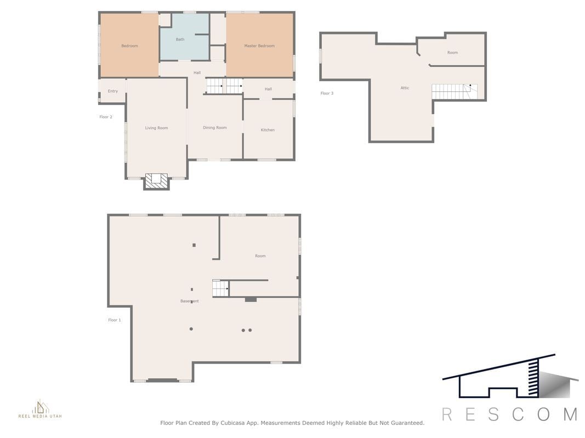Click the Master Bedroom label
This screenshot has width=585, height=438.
tap(259, 46)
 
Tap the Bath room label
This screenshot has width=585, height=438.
tap(180, 39)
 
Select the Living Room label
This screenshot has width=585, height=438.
tap(156, 128)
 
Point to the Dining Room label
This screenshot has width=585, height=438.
tap(215, 128)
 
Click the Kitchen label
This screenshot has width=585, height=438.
tap(268, 130)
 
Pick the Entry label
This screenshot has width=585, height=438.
tap(113, 91)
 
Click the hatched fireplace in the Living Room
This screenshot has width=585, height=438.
tap(157, 181)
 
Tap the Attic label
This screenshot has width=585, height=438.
tap(405, 88)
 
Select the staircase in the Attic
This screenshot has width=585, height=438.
tap(455, 91)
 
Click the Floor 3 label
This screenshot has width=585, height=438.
tap(327, 93)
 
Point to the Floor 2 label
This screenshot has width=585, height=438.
tap(106, 117)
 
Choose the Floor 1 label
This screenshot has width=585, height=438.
tap(115, 320)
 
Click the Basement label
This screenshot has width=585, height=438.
tap(190, 301)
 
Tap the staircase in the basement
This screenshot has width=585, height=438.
tap(220, 289)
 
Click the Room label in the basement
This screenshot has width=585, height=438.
tap(260, 256)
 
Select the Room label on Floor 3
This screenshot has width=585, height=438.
tap(452, 53)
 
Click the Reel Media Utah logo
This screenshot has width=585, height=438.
tap(40, 409)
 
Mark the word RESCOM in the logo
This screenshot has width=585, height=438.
tap(510, 414)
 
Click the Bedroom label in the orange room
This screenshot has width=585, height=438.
tap(129, 46)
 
